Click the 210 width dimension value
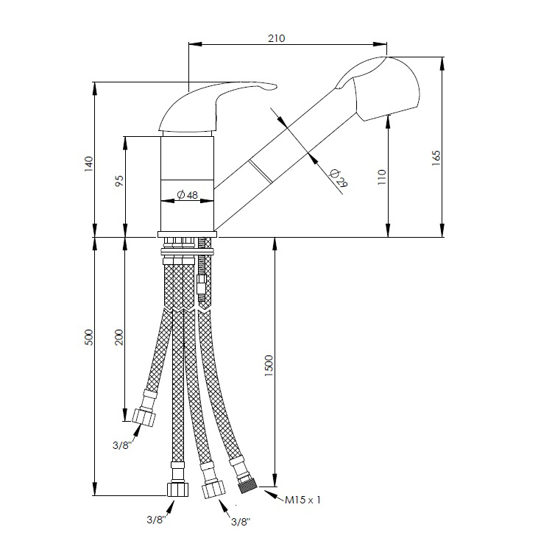pyautogui.click(x=276, y=38)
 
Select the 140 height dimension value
pyautogui.click(x=89, y=163)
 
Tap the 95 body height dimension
pyautogui.click(x=120, y=180)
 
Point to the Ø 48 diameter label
pyautogui.click(x=187, y=194)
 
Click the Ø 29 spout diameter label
pyautogui.click(x=339, y=178)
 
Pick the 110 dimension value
pyautogui.click(x=382, y=177)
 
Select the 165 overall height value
pyautogui.click(x=436, y=158)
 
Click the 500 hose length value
pyautogui.click(x=89, y=337)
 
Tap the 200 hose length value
pyautogui.click(x=120, y=337)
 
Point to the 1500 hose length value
pyautogui.click(x=269, y=365)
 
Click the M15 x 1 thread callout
pyautogui.click(x=302, y=500)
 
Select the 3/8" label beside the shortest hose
pyautogui.click(x=122, y=445)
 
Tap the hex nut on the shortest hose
pyautogui.click(x=144, y=417)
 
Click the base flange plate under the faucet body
pyautogui.click(x=187, y=235)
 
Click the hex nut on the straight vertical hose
pyautogui.click(x=177, y=489)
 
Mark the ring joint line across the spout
pyautogui.click(x=260, y=171)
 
